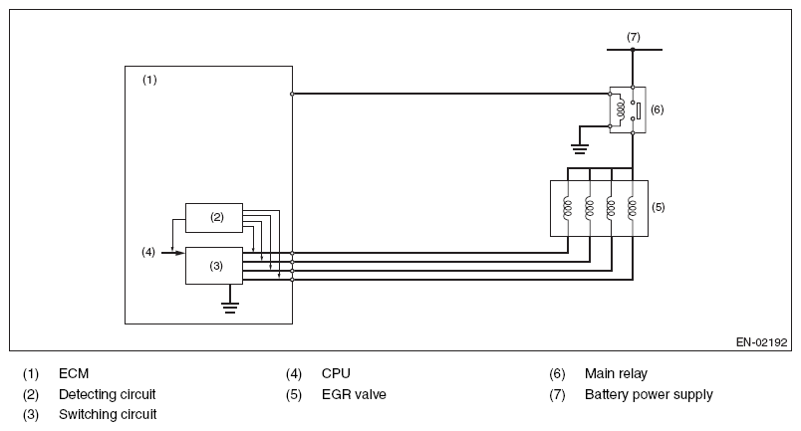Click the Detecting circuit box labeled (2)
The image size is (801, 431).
(x=214, y=217)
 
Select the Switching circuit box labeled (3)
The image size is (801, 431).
(x=214, y=265)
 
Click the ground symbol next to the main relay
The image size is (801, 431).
(x=578, y=149)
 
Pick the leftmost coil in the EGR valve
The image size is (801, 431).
(x=568, y=207)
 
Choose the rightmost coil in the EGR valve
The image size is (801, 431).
(x=632, y=207)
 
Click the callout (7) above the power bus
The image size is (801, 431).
(x=633, y=37)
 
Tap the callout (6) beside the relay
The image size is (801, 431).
(x=657, y=108)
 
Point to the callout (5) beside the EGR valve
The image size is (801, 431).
(x=659, y=207)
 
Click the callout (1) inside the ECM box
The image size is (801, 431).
(x=149, y=78)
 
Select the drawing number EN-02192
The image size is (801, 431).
(x=762, y=341)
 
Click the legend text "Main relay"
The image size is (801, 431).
(x=616, y=374)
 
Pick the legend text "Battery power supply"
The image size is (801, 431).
(x=649, y=394)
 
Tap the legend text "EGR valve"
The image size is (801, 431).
(x=354, y=394)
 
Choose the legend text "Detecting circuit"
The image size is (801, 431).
(x=108, y=394)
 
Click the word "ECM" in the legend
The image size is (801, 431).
(x=74, y=374)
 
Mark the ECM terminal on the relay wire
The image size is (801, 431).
(x=292, y=94)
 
